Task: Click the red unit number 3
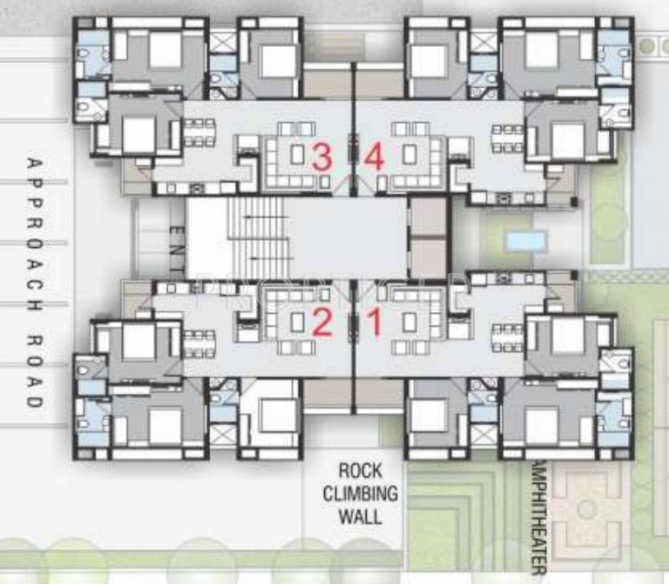point(322,157)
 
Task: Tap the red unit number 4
point(374,157)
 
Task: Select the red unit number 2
point(322,324)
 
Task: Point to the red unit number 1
point(374,324)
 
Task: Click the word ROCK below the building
point(360,470)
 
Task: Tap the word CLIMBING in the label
point(360,493)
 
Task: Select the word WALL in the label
point(360,516)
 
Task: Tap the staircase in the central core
point(259,237)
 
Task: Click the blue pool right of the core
point(526,241)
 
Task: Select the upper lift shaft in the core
point(428,217)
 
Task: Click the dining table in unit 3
point(199,132)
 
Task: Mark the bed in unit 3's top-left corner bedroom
point(165,50)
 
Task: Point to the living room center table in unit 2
point(296,322)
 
